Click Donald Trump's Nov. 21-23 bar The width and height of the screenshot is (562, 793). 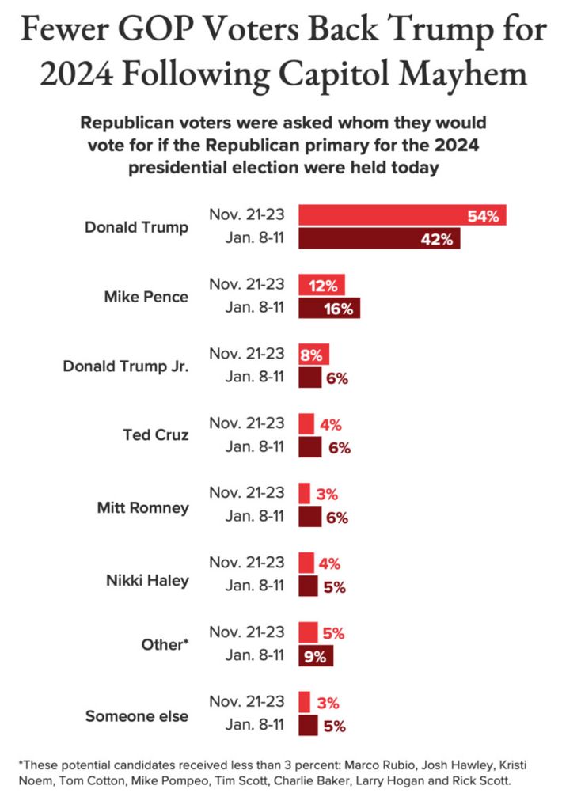click(401, 215)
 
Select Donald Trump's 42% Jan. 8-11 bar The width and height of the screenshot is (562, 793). click(378, 239)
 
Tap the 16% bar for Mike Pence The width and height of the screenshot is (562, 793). click(328, 309)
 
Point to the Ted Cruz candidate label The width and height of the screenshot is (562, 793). click(156, 436)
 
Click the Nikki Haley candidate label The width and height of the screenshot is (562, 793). click(147, 580)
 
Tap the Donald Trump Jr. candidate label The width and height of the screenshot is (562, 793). click(126, 367)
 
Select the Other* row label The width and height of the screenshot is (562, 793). click(163, 646)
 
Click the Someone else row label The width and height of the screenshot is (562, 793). click(137, 716)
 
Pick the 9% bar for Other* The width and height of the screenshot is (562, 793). click(316, 656)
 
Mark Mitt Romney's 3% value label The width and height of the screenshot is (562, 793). click(327, 494)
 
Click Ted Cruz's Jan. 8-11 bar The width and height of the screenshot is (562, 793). click(309, 448)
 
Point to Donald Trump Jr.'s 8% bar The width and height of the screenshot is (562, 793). click(313, 355)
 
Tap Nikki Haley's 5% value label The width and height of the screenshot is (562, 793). click(334, 588)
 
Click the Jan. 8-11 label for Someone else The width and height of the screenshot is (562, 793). click(255, 725)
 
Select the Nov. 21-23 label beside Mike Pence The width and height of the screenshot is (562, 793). click(247, 285)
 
